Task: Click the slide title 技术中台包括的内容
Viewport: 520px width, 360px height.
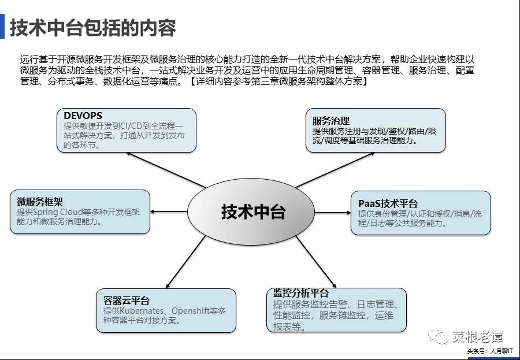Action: click(92, 27)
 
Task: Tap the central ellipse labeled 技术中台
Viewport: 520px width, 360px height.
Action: click(253, 211)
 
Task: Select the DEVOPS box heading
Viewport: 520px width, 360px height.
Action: click(83, 116)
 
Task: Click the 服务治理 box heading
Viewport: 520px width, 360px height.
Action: click(331, 121)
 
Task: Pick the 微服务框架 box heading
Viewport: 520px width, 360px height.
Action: click(36, 202)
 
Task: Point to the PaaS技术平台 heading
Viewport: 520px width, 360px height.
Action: click(388, 203)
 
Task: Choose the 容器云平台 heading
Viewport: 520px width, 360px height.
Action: click(127, 300)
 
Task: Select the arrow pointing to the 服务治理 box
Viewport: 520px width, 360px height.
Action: click(326, 171)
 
